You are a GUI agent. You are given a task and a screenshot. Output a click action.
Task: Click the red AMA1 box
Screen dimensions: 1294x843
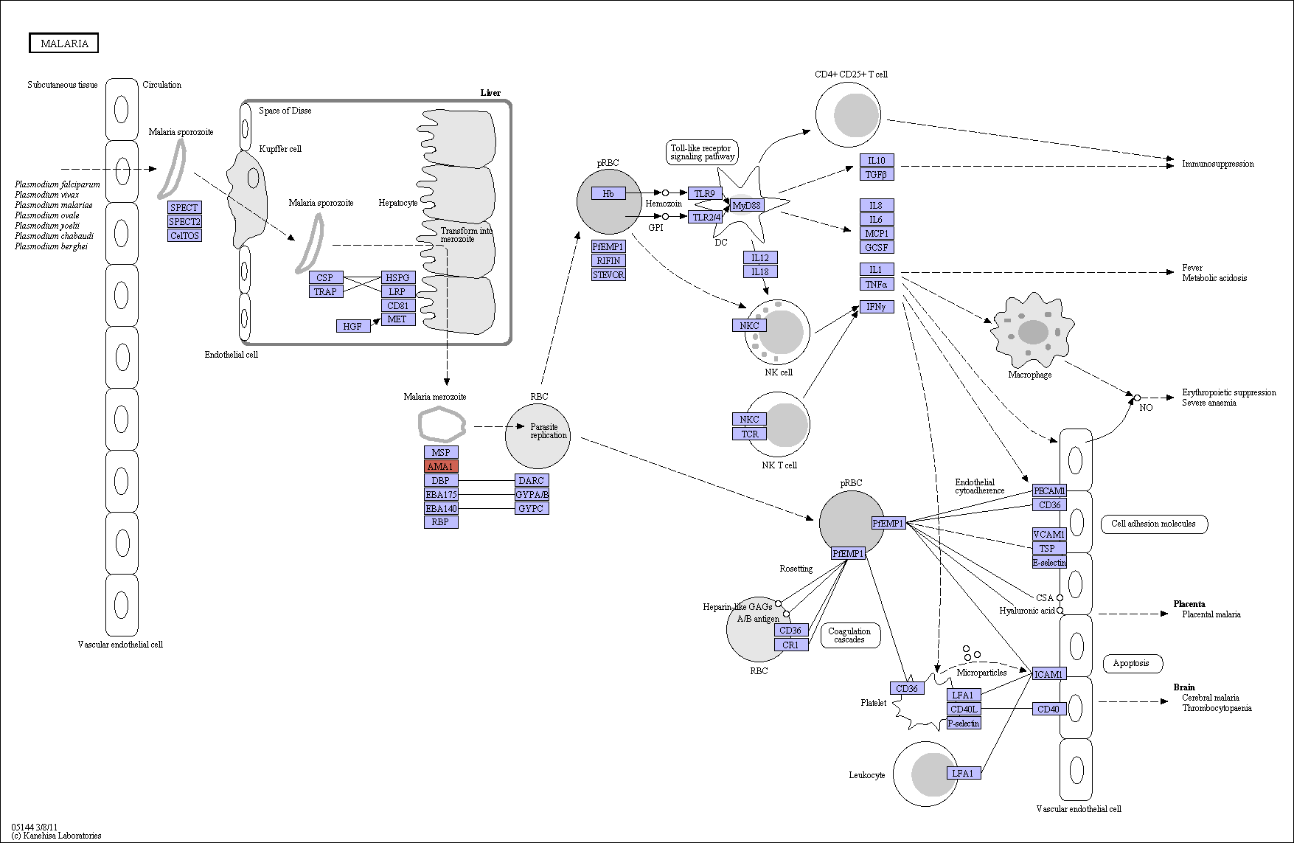click(441, 466)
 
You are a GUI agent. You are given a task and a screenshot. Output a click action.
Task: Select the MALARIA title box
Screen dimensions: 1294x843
click(64, 44)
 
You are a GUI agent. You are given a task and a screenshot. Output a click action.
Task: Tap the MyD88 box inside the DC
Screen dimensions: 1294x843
click(747, 205)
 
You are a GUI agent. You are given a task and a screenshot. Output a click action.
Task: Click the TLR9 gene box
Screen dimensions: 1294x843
click(704, 193)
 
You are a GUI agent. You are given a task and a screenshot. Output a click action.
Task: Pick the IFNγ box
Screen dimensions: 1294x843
click(877, 306)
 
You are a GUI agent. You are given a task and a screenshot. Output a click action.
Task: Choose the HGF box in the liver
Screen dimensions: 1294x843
click(353, 325)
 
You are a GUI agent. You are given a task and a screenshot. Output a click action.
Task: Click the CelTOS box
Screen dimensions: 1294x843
click(184, 235)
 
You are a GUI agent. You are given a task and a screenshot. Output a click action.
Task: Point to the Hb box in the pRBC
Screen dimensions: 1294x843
click(608, 193)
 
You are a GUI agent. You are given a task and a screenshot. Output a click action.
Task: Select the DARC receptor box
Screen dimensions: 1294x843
click(532, 480)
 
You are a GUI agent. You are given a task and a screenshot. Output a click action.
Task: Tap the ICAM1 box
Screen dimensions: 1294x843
click(1048, 674)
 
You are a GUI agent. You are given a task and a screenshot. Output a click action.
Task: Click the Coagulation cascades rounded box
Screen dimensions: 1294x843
click(849, 635)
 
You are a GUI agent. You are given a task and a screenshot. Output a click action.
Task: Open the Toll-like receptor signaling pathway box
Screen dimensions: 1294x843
click(702, 153)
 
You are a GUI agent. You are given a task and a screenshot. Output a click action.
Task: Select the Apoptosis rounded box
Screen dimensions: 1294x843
click(1132, 663)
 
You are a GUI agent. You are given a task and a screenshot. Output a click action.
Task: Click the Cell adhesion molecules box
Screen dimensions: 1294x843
click(1153, 524)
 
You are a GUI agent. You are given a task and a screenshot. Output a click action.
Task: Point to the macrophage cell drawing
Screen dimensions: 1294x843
click(1032, 330)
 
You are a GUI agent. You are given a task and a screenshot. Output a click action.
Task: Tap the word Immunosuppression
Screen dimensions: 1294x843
click(1218, 164)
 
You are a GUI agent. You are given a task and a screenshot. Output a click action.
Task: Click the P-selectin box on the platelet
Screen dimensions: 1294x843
click(964, 723)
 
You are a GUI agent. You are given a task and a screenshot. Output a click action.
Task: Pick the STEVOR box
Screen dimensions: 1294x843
click(608, 274)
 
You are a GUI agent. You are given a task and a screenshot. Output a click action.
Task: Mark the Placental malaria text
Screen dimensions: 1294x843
click(1211, 614)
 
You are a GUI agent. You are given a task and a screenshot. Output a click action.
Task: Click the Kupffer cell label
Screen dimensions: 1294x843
click(280, 148)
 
